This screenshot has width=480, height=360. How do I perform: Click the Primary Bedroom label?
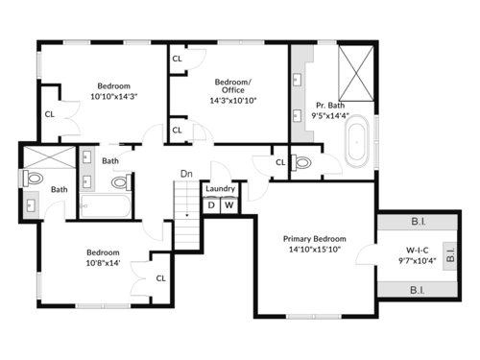click(x=315, y=239)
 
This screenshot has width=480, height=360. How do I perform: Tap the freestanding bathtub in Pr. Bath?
click(x=357, y=141)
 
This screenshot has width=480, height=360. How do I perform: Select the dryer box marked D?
click(x=211, y=205)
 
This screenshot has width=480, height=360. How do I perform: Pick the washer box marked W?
click(x=229, y=205)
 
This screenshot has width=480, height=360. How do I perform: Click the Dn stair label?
click(x=186, y=174)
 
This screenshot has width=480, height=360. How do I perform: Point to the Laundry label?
click(x=220, y=189)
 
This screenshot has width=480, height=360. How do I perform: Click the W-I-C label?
click(x=418, y=251)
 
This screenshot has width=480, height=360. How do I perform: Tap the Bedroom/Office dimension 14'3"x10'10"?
click(x=233, y=101)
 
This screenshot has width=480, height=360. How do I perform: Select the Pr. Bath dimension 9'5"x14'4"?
click(x=330, y=115)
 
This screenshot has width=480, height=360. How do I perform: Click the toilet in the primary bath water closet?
click(x=300, y=162)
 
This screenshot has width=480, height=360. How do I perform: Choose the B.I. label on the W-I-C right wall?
click(x=450, y=255)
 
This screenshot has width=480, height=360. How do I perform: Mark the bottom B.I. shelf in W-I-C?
click(x=418, y=290)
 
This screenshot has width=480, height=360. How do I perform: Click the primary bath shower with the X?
click(x=356, y=74)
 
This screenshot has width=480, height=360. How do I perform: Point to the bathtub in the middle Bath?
click(x=106, y=205)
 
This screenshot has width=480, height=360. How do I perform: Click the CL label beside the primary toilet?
click(x=280, y=162)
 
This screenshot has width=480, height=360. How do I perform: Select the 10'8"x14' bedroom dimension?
click(x=103, y=263)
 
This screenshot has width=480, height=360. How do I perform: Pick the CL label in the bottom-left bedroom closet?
click(x=161, y=278)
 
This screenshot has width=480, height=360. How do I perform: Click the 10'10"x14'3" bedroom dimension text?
click(x=114, y=97)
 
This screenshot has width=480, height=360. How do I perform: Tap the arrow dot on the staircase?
click(x=187, y=215)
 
